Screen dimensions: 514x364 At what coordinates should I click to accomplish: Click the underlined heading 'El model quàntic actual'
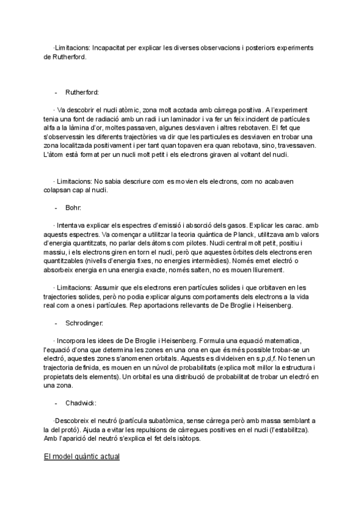point(81,455)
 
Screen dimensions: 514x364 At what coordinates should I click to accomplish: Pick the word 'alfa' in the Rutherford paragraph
point(50,128)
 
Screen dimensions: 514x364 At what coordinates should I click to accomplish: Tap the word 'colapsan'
point(59,191)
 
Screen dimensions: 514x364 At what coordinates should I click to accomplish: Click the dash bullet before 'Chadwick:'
point(55,403)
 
